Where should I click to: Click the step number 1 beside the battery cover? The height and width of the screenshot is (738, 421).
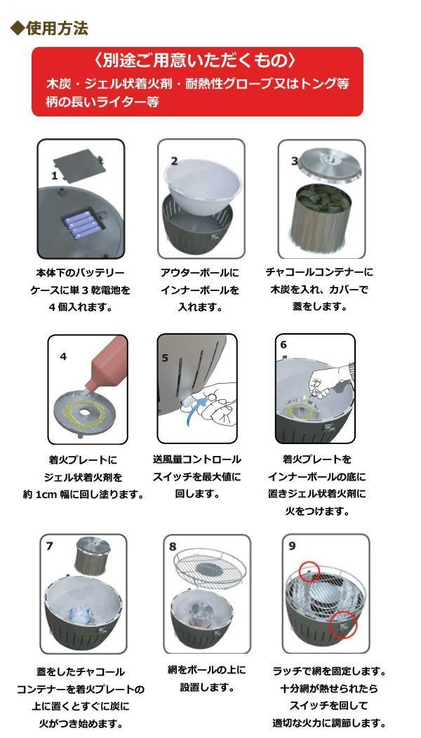55,176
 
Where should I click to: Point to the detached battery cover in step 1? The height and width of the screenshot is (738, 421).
78,166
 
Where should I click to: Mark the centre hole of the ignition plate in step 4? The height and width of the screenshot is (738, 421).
85,412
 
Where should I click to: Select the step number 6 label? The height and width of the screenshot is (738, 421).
283,344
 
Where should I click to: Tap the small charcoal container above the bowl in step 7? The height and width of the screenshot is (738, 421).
92,557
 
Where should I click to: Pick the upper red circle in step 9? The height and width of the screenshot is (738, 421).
309,571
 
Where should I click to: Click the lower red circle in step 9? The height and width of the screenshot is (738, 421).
343,624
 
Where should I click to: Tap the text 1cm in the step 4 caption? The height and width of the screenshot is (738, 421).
45,495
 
